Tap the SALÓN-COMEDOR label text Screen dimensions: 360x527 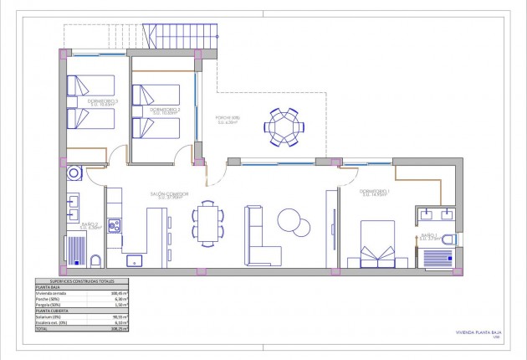(x=169, y=194)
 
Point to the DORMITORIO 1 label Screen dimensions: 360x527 (x=374, y=191)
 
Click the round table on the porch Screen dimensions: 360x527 (x=287, y=126)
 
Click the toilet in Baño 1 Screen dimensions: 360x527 (x=449, y=240)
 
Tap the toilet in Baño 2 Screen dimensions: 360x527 (x=95, y=260)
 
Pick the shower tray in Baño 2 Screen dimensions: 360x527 (x=77, y=251)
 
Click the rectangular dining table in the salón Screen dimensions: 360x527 (x=207, y=224)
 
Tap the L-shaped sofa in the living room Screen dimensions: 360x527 (x=261, y=239)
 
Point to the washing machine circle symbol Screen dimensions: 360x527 (x=74, y=173)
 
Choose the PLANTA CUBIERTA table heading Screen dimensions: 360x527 (x=51, y=311)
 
